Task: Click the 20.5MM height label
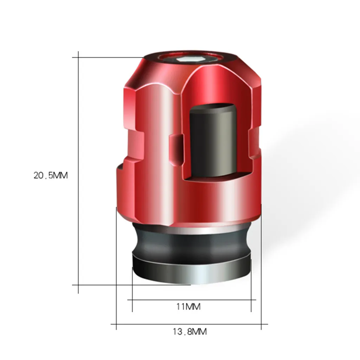[x=51, y=175]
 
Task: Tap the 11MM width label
[x=188, y=307]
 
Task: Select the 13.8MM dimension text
[x=189, y=332]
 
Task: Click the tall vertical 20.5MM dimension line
[x=78, y=172]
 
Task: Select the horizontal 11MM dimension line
[x=192, y=300]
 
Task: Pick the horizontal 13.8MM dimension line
[x=189, y=324]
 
